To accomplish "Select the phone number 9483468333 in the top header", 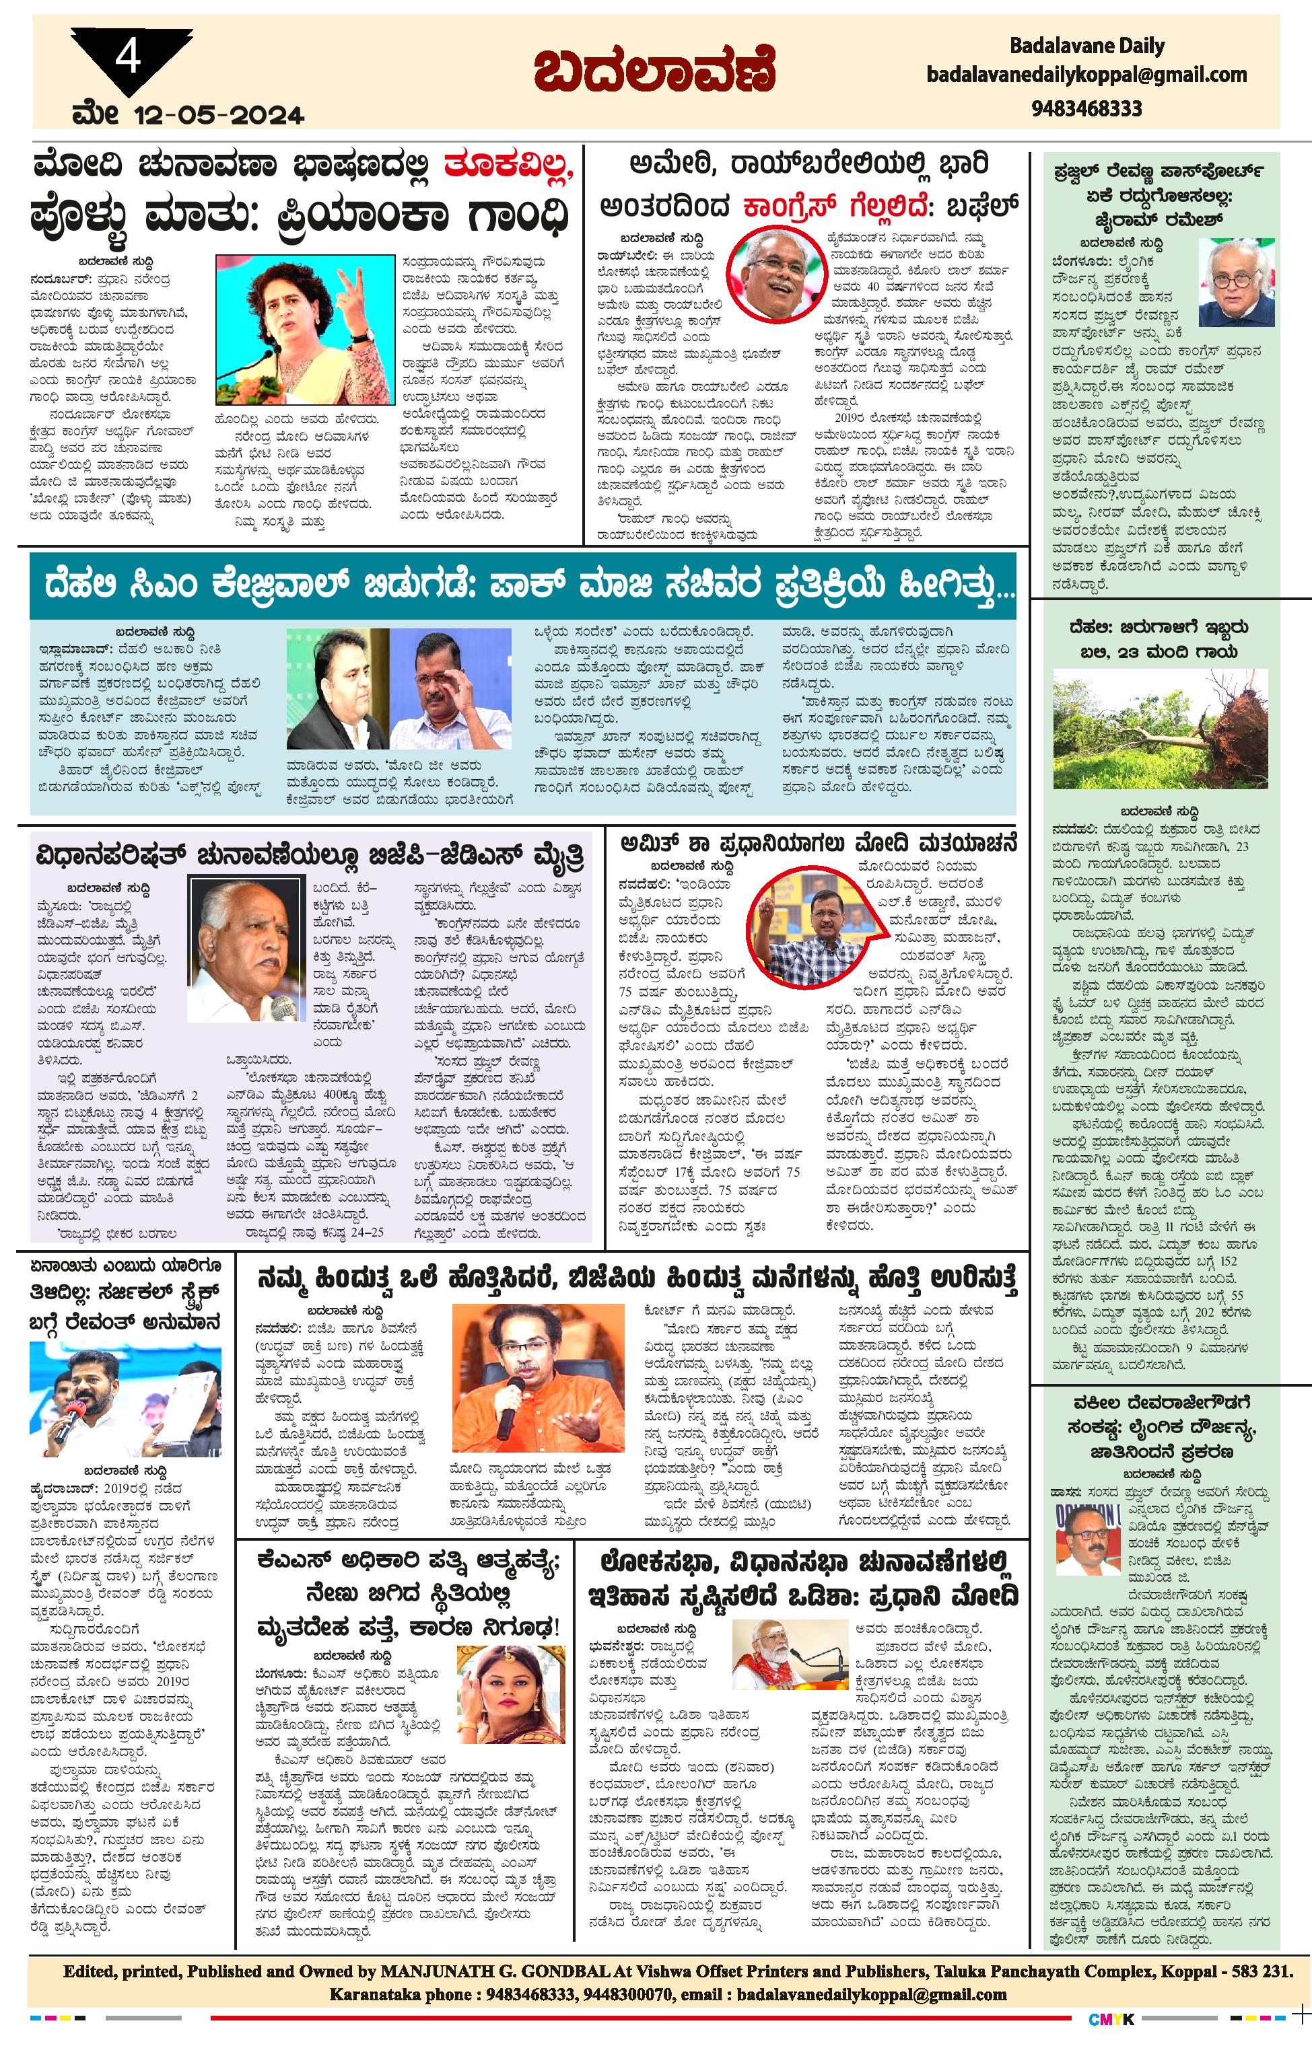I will coord(1086,108).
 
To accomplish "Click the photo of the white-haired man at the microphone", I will coord(234,949).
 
